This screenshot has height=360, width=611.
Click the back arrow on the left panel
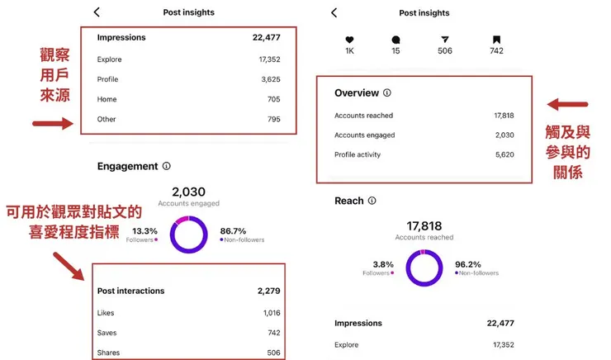click(x=97, y=12)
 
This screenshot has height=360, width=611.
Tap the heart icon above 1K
click(x=349, y=39)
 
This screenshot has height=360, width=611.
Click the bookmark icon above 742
click(x=496, y=39)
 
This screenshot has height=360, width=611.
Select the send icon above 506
click(x=445, y=39)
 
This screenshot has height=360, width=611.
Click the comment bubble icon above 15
click(x=396, y=39)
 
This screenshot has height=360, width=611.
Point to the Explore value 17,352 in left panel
click(x=269, y=59)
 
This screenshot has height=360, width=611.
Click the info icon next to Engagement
click(x=167, y=166)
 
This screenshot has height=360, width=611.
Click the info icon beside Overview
click(x=387, y=93)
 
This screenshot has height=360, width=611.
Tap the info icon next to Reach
click(x=372, y=201)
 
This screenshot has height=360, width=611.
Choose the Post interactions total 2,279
click(x=269, y=291)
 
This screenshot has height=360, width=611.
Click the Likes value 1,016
click(x=272, y=313)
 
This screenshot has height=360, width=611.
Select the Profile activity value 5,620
click(x=504, y=154)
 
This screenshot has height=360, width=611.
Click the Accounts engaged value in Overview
click(x=504, y=135)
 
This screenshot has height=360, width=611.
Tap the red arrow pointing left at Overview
click(x=567, y=105)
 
